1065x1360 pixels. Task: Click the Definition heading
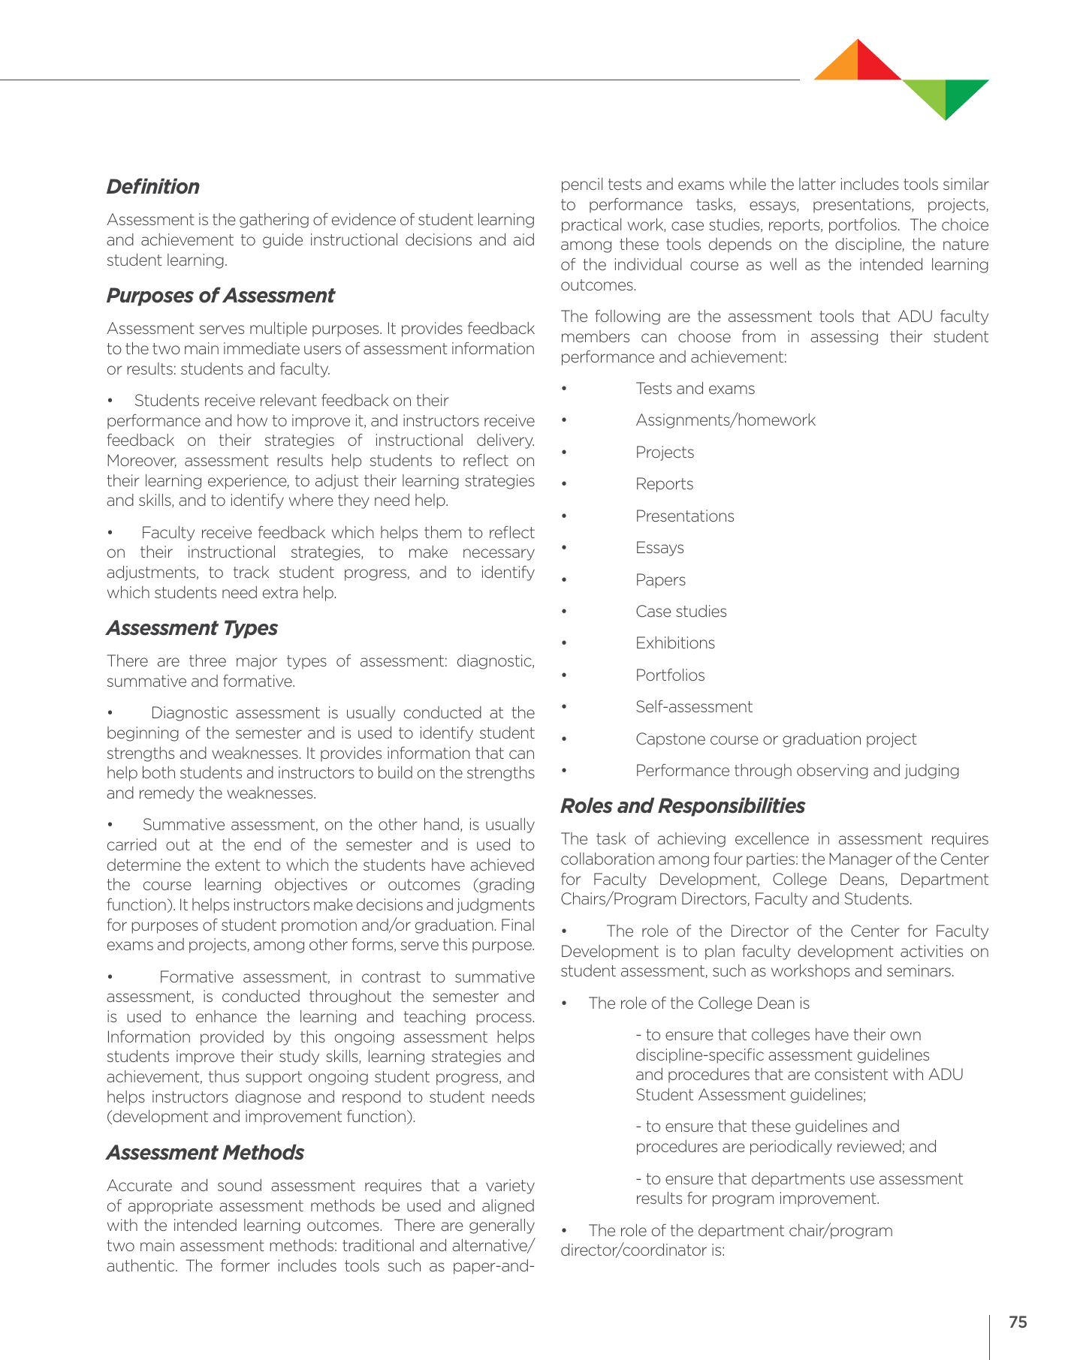153,187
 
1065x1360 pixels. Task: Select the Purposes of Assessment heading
220,296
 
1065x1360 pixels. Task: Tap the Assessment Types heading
192,628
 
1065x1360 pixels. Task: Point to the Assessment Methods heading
205,1153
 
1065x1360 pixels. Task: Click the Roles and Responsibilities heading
682,806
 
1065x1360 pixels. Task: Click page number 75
1018,1322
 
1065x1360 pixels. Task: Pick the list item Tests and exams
695,389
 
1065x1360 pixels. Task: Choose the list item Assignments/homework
725,420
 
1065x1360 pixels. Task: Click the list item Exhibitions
674,643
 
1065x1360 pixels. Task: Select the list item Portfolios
670,675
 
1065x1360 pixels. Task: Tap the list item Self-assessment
693,707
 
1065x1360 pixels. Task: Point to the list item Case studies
680,612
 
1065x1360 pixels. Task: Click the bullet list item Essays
659,548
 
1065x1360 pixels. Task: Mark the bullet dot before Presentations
563,517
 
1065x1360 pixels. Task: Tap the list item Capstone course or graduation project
775,739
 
